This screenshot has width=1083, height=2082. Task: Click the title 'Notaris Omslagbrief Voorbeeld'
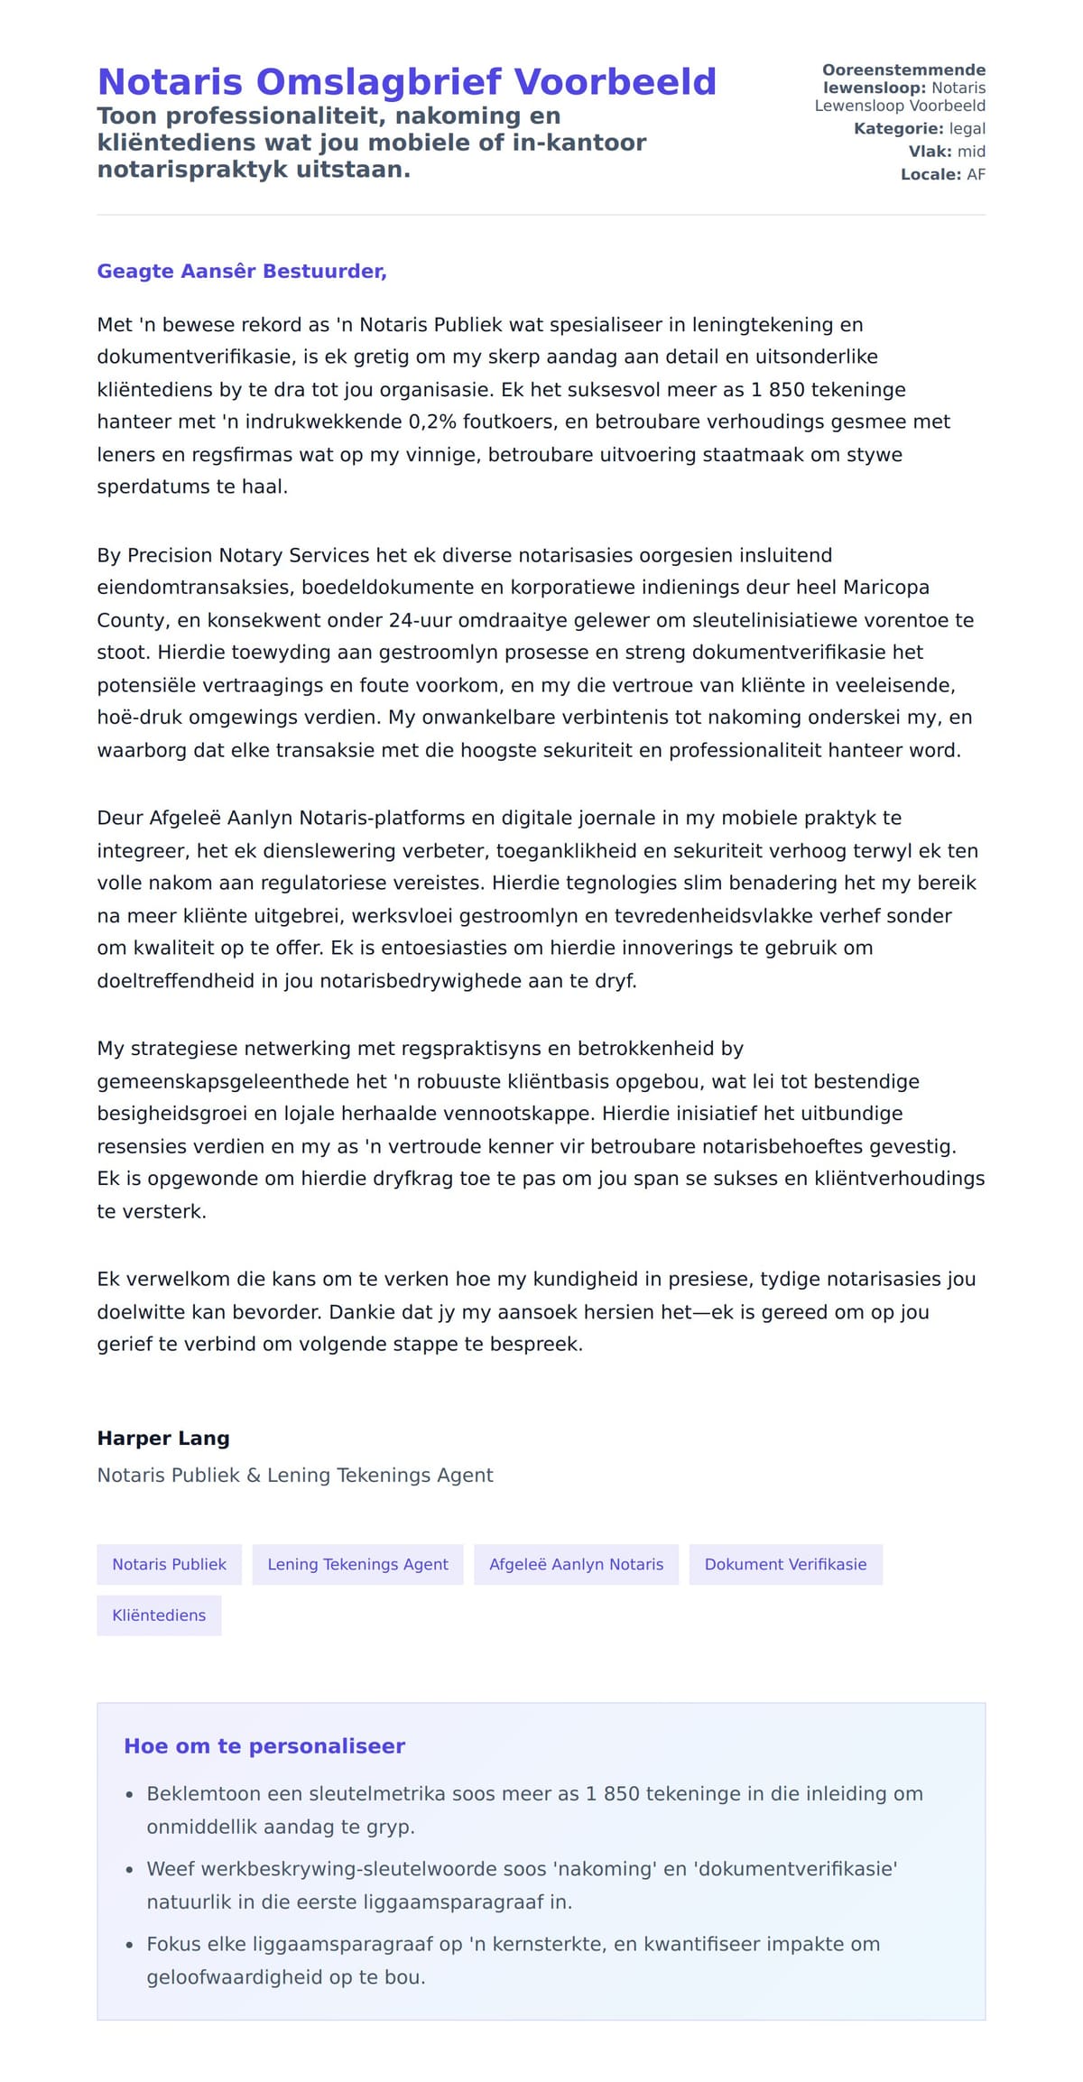click(x=406, y=82)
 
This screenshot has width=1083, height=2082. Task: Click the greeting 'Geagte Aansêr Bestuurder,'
click(x=242, y=272)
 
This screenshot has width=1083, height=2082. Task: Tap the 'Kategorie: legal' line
click(x=919, y=129)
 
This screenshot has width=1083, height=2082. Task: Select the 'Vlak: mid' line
click(x=946, y=152)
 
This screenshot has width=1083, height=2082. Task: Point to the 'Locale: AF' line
click(x=942, y=174)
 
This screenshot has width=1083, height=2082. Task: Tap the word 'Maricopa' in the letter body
click(x=885, y=588)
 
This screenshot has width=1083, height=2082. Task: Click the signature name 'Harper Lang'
click(x=163, y=1439)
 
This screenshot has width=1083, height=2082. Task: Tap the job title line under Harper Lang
click(x=295, y=1476)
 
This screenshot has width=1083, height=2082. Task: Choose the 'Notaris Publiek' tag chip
click(x=169, y=1565)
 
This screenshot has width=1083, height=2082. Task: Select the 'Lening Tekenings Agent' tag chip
click(x=357, y=1565)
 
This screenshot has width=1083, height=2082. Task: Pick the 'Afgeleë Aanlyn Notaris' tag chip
click(x=576, y=1565)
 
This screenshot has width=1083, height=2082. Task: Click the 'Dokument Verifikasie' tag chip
click(x=785, y=1565)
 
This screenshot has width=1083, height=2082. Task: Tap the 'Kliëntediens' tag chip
click(x=159, y=1615)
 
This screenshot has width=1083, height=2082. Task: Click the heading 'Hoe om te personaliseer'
click(x=264, y=1746)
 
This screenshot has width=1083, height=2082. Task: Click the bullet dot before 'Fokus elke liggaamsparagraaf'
click(x=129, y=1946)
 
